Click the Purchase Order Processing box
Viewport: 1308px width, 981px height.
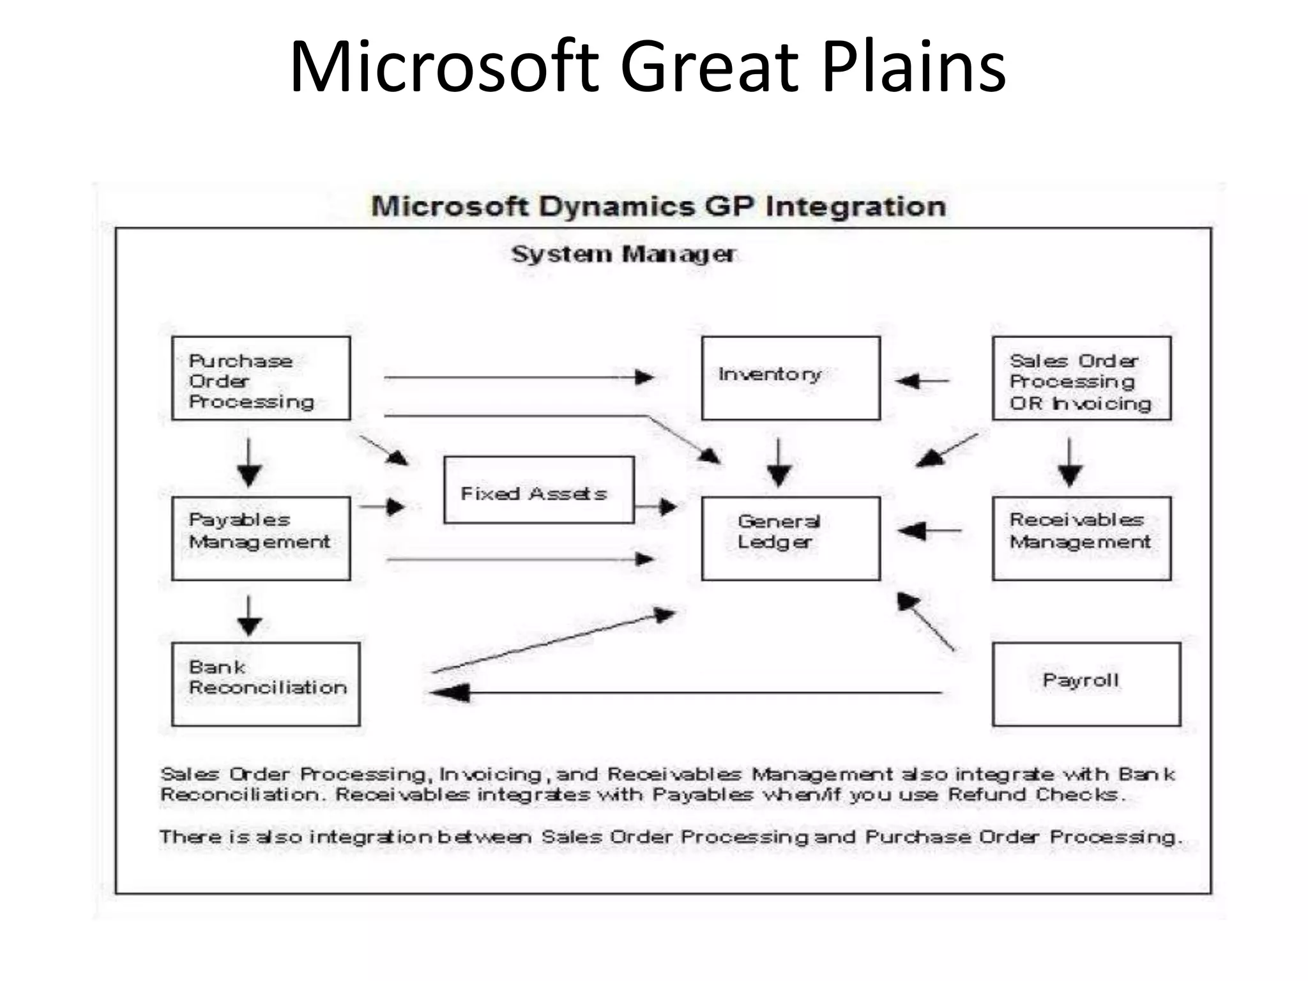[261, 378]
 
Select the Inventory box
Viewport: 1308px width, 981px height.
[790, 378]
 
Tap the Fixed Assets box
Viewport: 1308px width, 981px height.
[538, 490]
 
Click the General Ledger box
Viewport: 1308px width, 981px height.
[790, 538]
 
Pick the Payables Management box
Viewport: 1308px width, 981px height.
[261, 538]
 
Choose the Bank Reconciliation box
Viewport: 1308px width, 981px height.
[266, 683]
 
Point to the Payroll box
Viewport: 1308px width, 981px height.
[1086, 683]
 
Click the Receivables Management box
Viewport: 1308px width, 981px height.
[1081, 538]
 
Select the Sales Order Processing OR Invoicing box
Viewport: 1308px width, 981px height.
[1081, 378]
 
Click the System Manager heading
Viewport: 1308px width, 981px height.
[623, 254]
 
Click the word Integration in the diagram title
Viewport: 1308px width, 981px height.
[856, 207]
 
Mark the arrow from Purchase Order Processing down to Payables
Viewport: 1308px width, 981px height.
[249, 462]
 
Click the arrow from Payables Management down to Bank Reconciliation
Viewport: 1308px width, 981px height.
[249, 616]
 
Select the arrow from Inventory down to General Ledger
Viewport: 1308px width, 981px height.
[779, 462]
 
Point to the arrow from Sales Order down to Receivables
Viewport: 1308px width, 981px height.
[1070, 462]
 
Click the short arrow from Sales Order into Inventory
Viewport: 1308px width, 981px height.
[922, 381]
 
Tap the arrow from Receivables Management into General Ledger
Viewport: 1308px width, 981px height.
[929, 530]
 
